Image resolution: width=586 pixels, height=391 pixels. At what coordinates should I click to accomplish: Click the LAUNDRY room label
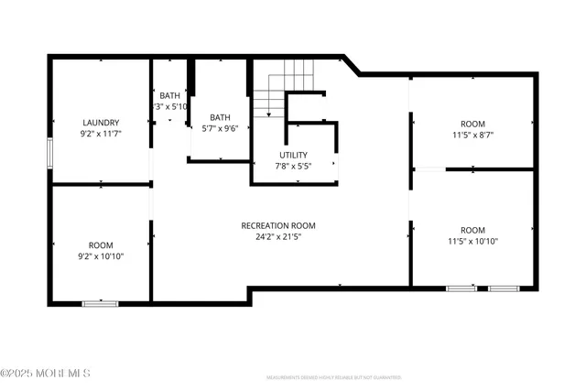click(101, 123)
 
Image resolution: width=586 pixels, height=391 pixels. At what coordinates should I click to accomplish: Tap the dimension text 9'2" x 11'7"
click(101, 135)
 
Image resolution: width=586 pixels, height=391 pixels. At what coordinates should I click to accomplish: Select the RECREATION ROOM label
click(278, 225)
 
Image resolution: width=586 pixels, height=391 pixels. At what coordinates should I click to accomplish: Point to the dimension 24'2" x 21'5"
click(278, 237)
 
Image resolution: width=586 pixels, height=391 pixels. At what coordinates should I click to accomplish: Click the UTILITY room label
click(293, 155)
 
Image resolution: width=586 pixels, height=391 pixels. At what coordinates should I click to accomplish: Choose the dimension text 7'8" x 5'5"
click(293, 167)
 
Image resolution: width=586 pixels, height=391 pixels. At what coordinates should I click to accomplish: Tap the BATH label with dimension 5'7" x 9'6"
click(220, 117)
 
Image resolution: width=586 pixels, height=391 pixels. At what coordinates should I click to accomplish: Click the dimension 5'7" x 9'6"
click(220, 129)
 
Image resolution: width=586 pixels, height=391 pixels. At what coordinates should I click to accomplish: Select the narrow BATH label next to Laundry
click(170, 95)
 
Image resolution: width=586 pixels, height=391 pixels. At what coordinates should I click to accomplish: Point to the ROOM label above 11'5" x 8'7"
click(472, 124)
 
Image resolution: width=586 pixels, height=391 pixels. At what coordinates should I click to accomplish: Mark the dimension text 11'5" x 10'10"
click(472, 242)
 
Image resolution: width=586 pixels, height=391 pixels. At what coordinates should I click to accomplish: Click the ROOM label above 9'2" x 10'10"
click(101, 244)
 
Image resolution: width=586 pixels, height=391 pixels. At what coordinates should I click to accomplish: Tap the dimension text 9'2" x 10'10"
click(101, 256)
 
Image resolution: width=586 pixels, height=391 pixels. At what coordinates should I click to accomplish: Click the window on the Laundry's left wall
click(50, 153)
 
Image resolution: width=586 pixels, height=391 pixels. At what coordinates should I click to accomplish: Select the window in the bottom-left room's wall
click(100, 302)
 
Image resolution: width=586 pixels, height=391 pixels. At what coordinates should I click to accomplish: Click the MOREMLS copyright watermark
click(46, 374)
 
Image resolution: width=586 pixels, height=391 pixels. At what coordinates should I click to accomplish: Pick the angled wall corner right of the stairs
click(352, 66)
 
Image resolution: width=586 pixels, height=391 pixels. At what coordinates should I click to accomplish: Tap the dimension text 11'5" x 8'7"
click(472, 136)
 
